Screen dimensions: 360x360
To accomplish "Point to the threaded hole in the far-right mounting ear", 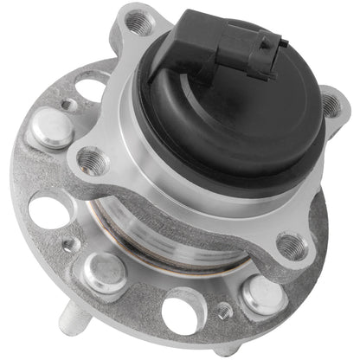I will (332, 106).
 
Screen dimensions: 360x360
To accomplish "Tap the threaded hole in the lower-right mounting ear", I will (292, 247).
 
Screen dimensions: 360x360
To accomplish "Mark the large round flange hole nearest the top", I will (91, 87).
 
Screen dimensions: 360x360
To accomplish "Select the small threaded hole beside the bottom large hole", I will (224, 312).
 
